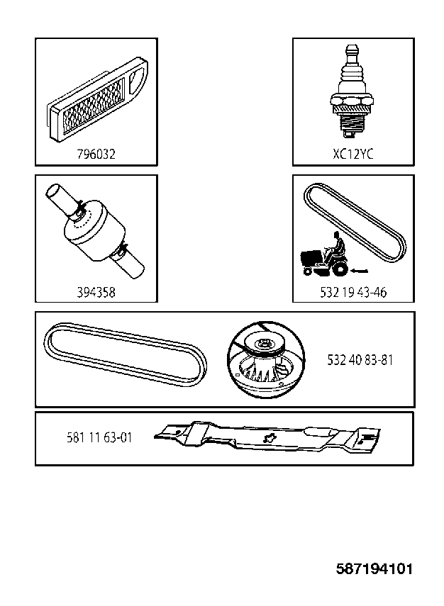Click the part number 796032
pyautogui.click(x=96, y=155)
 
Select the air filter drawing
pyautogui.click(x=96, y=98)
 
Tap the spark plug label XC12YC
pyautogui.click(x=353, y=155)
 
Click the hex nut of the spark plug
pyautogui.click(x=352, y=101)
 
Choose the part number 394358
pyautogui.click(x=96, y=292)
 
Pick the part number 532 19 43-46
pyautogui.click(x=353, y=292)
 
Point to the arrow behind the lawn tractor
pyautogui.click(x=360, y=271)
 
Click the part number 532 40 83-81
pyautogui.click(x=360, y=360)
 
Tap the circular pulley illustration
pyautogui.click(x=266, y=359)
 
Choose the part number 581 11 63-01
pyautogui.click(x=99, y=438)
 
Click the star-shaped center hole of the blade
pyautogui.click(x=267, y=438)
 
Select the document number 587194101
pyautogui.click(x=374, y=569)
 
